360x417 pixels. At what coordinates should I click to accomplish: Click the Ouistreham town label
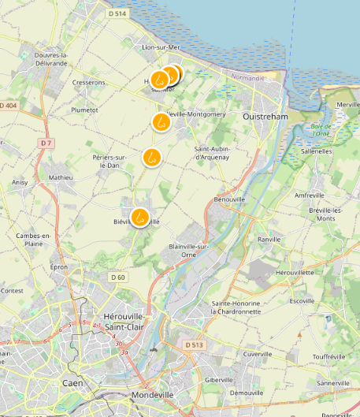(265, 116)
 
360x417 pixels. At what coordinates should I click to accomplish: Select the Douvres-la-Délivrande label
(52, 58)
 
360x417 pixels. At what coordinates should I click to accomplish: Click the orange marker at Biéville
(140, 217)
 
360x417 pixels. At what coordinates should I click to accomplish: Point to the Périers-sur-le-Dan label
(109, 161)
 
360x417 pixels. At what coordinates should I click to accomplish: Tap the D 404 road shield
(7, 106)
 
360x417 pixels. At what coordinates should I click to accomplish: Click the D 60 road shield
(117, 277)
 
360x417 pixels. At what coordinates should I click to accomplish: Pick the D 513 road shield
(195, 344)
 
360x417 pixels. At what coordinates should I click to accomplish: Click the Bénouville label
(228, 200)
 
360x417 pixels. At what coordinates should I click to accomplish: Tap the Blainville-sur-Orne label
(188, 250)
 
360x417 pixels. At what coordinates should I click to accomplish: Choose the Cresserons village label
(88, 82)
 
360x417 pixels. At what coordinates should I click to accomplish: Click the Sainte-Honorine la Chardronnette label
(247, 307)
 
